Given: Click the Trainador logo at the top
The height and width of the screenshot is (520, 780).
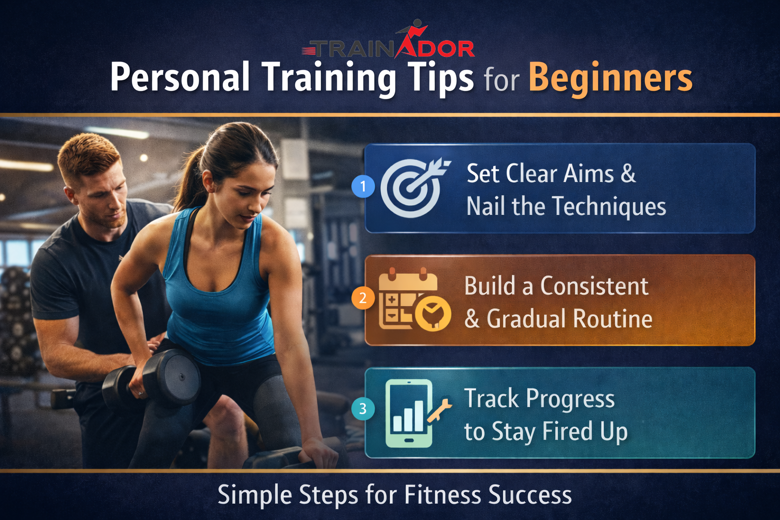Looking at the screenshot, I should [x=388, y=43].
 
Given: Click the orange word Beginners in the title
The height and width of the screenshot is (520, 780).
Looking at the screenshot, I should [x=610, y=78].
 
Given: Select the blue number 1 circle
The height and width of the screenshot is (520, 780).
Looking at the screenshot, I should [x=363, y=186].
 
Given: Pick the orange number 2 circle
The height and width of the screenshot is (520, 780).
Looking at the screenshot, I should [x=363, y=298].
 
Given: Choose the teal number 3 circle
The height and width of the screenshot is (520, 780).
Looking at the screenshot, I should [x=363, y=409].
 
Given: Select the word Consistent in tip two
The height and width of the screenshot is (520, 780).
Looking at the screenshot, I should [x=594, y=286].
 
